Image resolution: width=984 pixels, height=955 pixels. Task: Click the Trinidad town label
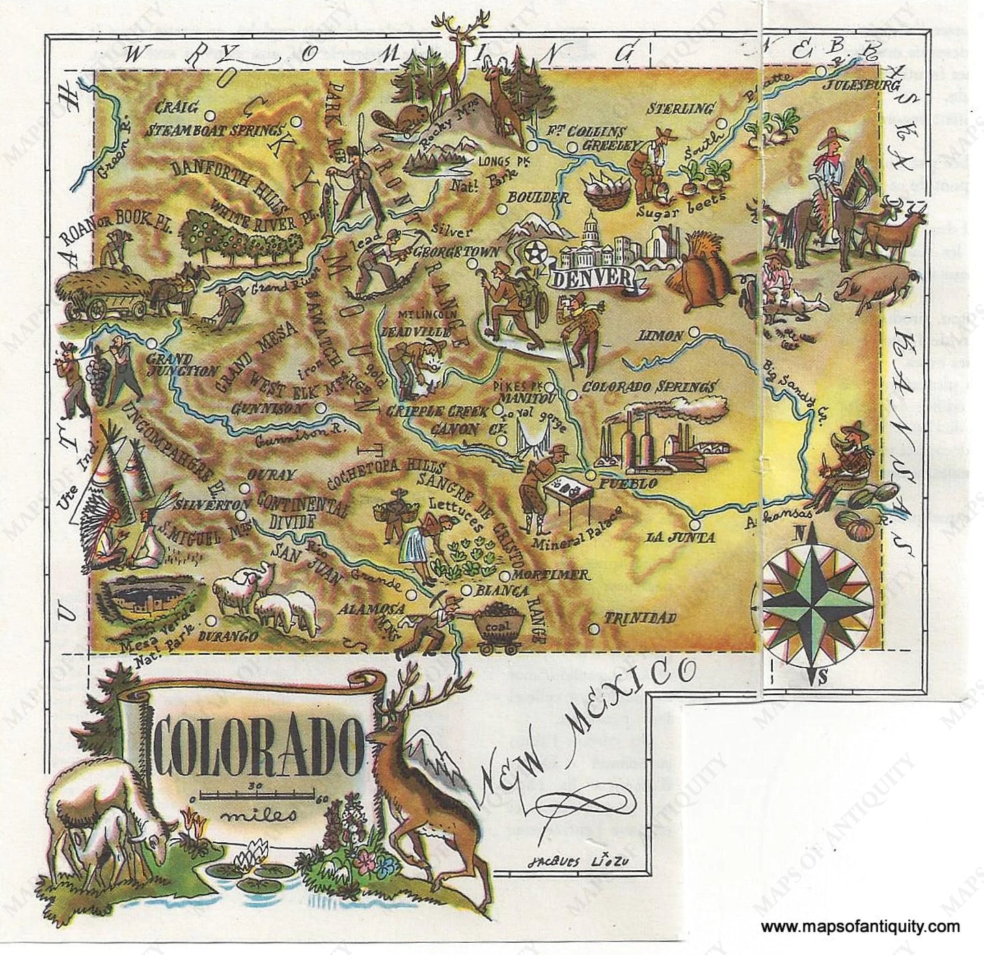click(x=640, y=618)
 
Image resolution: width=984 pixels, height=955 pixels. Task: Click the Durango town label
click(x=229, y=636)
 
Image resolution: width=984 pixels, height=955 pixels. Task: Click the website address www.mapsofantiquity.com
click(x=860, y=928)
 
